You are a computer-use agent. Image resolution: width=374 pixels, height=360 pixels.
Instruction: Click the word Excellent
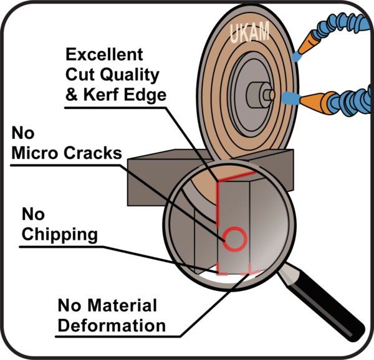[x=104, y=54]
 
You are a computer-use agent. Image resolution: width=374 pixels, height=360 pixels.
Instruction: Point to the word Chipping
[x=59, y=235]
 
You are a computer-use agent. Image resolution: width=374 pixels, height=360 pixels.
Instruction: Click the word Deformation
[x=112, y=325]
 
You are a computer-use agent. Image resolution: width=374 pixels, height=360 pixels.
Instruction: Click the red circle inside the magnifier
[x=235, y=239]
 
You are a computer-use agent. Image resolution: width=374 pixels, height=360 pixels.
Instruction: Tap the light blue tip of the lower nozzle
[x=290, y=98]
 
